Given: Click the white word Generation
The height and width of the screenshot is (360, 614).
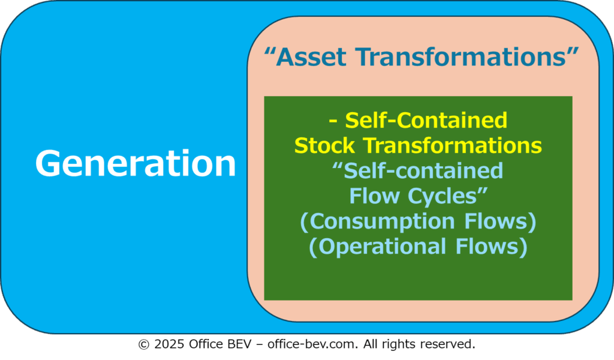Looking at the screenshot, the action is [136, 163].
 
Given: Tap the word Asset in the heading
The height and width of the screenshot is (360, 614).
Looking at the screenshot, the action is [311, 57].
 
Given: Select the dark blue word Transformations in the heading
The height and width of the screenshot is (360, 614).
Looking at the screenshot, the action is [461, 57].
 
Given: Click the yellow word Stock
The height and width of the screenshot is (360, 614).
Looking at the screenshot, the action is [324, 146].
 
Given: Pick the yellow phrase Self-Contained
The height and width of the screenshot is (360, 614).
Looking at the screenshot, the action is [426, 120].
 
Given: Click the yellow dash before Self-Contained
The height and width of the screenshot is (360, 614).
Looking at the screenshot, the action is [333, 121].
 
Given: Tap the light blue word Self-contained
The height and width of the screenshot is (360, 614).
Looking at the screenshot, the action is [423, 171].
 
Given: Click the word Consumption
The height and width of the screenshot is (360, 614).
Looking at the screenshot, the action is [382, 221].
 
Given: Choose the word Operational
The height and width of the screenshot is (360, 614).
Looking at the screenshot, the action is [382, 247].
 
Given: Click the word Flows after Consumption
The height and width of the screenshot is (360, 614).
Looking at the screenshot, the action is [496, 221].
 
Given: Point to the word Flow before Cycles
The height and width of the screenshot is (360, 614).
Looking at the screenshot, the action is [374, 196].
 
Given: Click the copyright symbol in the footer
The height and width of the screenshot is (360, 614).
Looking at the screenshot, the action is [144, 344].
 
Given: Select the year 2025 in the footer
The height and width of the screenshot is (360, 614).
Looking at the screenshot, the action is [169, 344].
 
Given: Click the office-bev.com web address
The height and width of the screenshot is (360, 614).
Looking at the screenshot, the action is [313, 344].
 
